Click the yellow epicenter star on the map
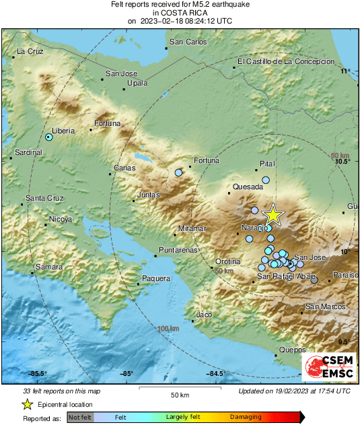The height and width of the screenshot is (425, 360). tap(273, 214)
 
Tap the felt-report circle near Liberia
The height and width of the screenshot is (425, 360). tap(49, 137)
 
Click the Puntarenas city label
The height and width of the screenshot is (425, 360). tap(178, 250)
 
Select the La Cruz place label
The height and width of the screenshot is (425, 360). tap(30, 51)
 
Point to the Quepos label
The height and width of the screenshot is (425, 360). tap(293, 350)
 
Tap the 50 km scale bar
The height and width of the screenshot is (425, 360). tap(178, 389)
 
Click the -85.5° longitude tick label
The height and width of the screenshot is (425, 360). tap(37, 374)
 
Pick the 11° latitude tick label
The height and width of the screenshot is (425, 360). tap(346, 71)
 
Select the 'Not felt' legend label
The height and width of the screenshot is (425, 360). tap(81, 418)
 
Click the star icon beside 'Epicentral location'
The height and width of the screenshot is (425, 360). tap(27, 404)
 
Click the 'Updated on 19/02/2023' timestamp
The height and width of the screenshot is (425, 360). tap(294, 391)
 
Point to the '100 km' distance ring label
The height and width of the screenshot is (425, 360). tap(168, 328)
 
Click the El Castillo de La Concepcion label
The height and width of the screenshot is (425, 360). tap(286, 61)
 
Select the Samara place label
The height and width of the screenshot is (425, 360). tap(48, 267)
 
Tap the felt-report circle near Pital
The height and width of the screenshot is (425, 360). tap(266, 180)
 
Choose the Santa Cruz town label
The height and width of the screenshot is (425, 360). tap(44, 198)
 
